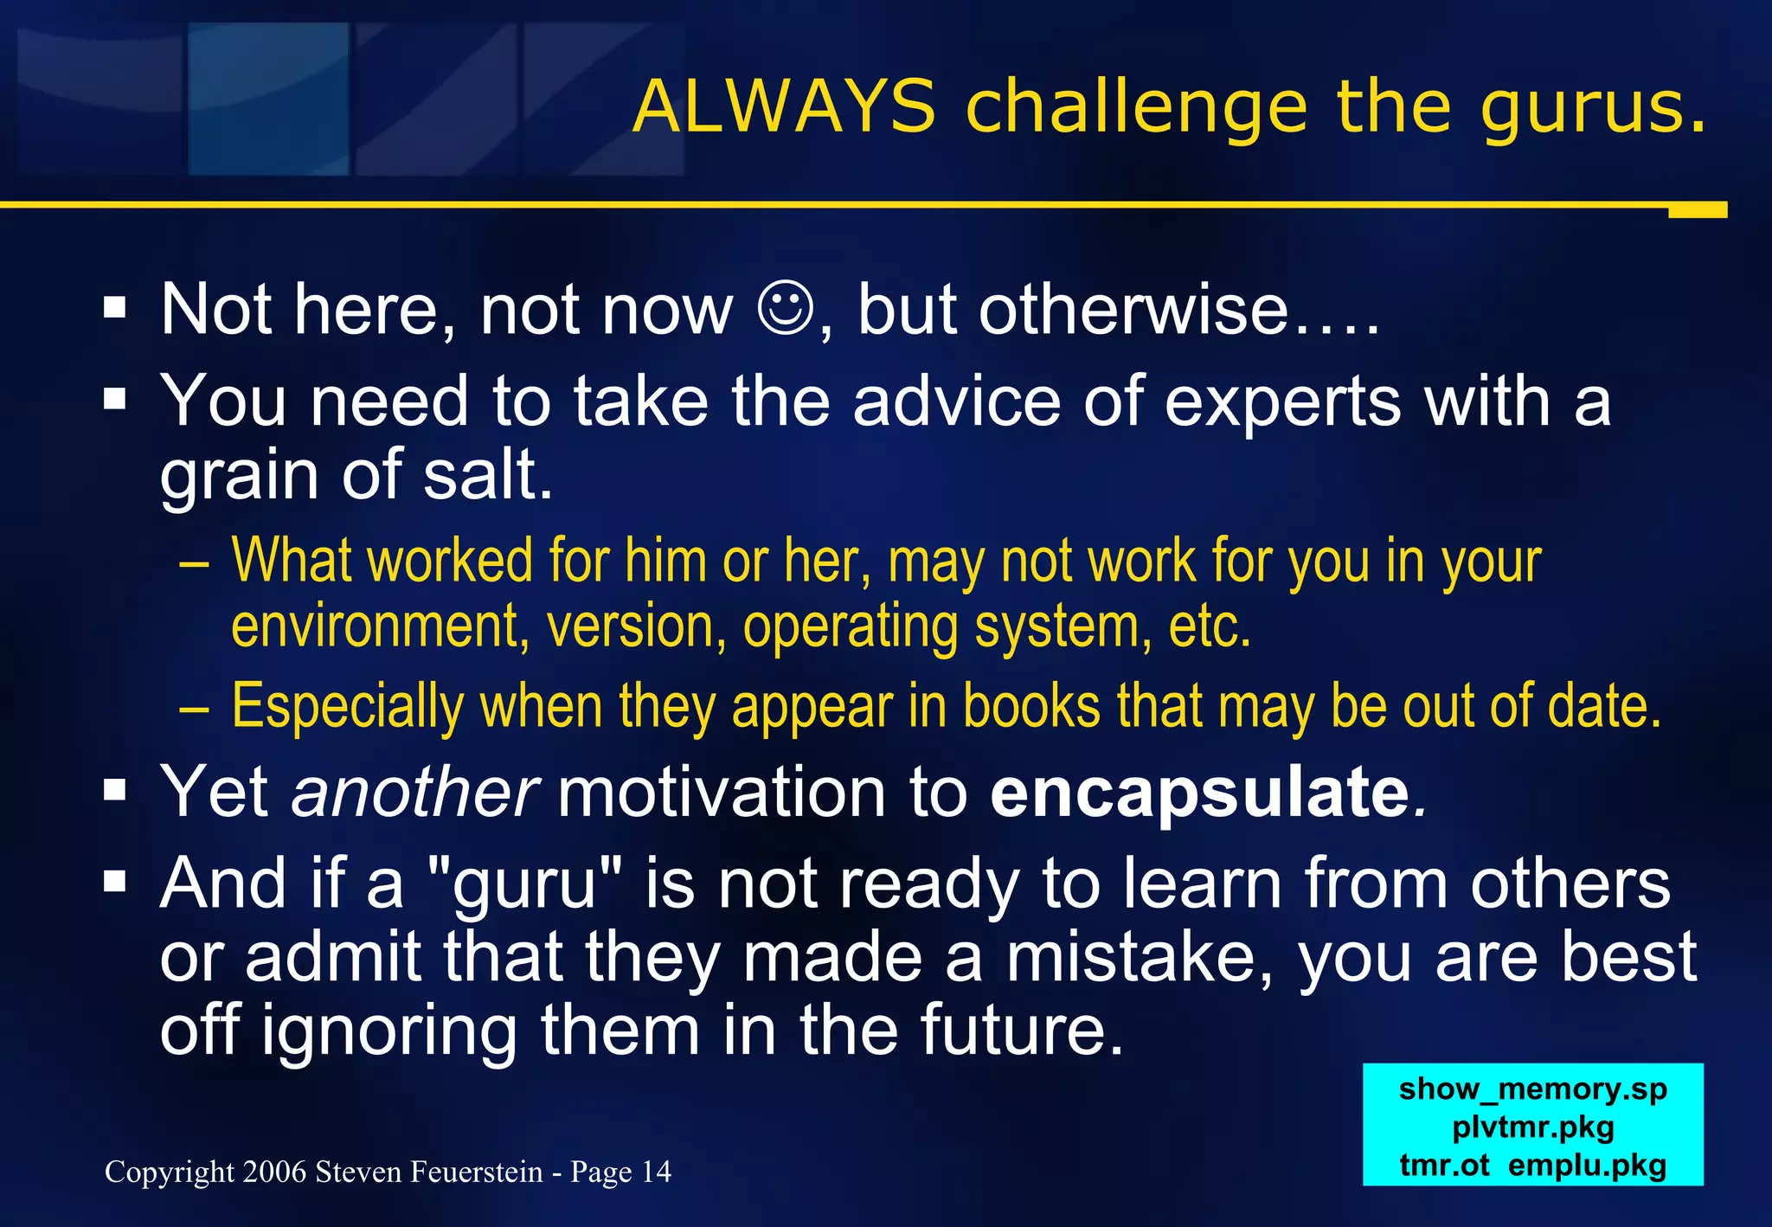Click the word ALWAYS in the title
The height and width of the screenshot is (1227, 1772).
pos(784,107)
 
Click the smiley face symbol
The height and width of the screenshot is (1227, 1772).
pos(786,309)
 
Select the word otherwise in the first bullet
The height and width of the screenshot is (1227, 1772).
pos(1133,311)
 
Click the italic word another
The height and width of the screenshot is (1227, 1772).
pos(415,793)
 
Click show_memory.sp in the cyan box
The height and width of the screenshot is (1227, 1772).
pos(1532,1089)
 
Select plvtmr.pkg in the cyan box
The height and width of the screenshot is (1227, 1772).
pos(1532,1127)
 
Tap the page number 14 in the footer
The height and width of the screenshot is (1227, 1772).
pos(656,1172)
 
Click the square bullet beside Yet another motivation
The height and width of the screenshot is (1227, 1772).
pos(114,790)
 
